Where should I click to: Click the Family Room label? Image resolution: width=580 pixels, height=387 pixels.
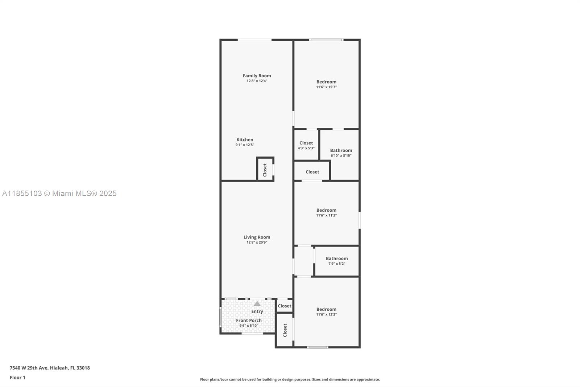(x=257, y=76)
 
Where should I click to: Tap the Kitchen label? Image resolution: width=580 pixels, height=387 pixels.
(x=245, y=139)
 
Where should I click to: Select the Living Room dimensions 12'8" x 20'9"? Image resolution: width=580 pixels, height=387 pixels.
(x=257, y=242)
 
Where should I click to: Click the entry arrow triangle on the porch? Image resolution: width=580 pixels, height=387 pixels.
(x=257, y=304)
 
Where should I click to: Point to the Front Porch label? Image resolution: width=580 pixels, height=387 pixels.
(x=249, y=320)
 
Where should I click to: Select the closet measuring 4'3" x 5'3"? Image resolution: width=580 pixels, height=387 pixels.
(x=306, y=145)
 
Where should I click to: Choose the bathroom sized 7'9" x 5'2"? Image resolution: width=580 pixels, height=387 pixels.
(x=337, y=261)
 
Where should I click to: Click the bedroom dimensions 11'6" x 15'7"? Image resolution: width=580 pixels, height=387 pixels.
(x=326, y=87)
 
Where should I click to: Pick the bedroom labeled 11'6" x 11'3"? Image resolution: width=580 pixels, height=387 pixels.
(x=326, y=213)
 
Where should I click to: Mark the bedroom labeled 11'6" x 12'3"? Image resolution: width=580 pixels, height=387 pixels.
(x=326, y=312)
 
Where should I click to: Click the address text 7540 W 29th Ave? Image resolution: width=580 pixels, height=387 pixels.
(x=29, y=368)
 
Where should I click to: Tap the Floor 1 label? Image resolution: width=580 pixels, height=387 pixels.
(x=17, y=378)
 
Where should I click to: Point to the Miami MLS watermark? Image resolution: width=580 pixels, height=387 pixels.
(x=59, y=193)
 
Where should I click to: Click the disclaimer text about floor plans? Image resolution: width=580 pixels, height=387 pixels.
(x=290, y=379)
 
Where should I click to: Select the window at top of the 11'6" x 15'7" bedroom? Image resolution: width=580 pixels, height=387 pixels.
(x=326, y=40)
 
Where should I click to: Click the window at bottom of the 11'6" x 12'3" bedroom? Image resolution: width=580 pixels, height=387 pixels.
(x=318, y=347)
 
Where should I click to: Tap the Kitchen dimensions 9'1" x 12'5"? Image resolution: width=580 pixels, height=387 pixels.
(x=245, y=145)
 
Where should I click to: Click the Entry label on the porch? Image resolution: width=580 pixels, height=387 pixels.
(x=257, y=311)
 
